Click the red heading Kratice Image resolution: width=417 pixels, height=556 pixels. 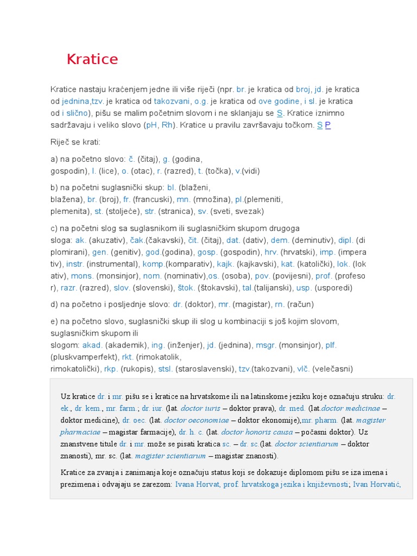point(92,59)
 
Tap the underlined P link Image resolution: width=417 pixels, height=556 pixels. point(328,125)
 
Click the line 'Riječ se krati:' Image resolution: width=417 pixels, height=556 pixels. point(75,142)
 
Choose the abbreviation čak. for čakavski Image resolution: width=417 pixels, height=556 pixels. point(138,239)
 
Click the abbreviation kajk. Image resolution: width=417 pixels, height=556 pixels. point(225,264)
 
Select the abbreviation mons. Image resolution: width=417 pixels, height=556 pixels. point(82,276)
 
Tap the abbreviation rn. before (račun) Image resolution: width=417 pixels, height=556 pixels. point(280,304)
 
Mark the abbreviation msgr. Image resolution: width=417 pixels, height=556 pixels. point(266,345)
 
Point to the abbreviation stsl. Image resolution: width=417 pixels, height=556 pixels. point(165,369)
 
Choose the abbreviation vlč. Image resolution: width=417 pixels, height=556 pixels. point(303,369)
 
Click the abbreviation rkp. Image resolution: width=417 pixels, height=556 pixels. point(111,369)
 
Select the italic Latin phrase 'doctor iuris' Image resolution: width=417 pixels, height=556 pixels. point(200,408)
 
